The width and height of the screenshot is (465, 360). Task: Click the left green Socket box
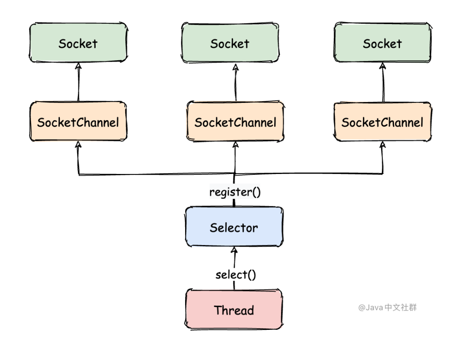78,42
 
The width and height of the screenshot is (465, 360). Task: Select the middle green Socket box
230,42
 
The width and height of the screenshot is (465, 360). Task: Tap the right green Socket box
383,42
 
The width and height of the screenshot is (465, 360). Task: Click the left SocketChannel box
78,121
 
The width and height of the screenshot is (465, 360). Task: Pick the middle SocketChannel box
236,121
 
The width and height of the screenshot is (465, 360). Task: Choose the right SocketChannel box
383,122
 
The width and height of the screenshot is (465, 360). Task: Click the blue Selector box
234,227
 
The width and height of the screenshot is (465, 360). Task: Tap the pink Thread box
234,309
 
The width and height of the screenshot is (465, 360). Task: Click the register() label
235,192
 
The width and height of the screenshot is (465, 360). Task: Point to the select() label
236,275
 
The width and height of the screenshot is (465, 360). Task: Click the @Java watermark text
387,307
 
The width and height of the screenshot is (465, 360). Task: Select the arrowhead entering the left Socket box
78,66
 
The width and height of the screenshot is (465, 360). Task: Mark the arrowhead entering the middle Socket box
236,67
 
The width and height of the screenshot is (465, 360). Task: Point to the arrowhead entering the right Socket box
383,66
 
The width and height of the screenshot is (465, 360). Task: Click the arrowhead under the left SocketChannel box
78,144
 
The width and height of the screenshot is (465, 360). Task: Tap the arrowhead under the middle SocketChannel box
236,145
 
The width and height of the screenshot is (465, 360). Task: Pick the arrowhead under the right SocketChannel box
383,145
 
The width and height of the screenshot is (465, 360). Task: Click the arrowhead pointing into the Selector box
234,250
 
